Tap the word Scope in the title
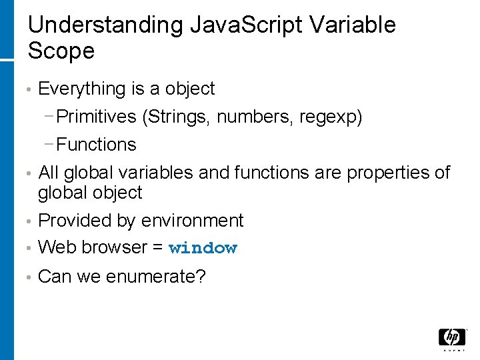point(61,51)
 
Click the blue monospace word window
point(203,248)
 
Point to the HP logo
point(452,338)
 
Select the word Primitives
point(97,117)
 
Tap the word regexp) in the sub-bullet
point(331,117)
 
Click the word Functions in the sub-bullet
point(97,145)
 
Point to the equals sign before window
point(157,247)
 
